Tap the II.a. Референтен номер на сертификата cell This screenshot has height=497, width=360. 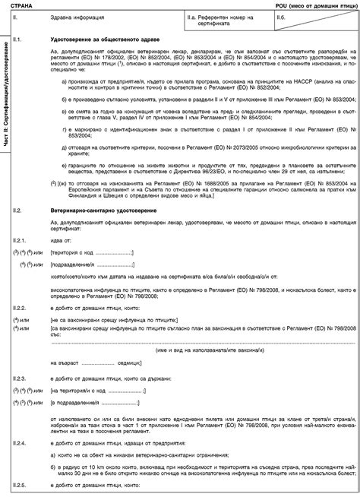pyautogui.click(x=211, y=19)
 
